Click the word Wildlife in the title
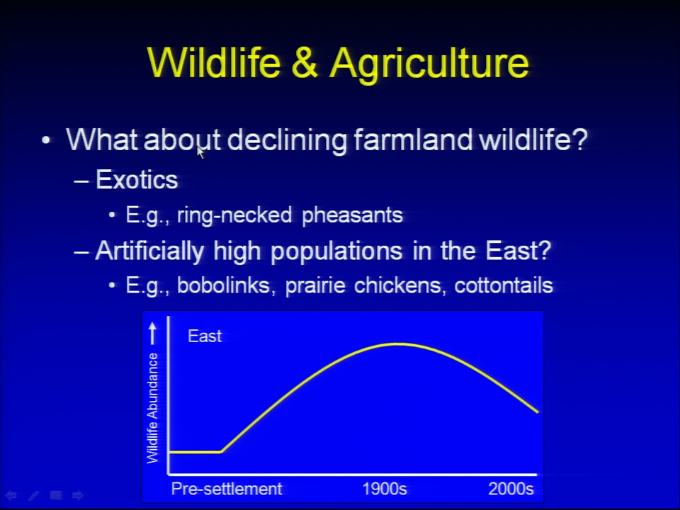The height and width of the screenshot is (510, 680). click(214, 62)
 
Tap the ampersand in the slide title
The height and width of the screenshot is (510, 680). click(305, 62)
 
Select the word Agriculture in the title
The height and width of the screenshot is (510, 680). click(429, 64)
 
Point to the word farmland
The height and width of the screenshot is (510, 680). click(413, 140)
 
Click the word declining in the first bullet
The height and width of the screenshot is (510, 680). click(287, 140)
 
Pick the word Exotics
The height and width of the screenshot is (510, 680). click(137, 179)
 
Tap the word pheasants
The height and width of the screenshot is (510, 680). click(352, 215)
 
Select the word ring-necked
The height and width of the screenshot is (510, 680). click(234, 215)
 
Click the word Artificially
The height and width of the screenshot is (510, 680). click(149, 251)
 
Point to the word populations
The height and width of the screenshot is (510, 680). click(336, 251)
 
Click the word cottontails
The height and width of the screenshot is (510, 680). click(504, 285)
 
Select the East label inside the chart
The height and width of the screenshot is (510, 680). click(205, 336)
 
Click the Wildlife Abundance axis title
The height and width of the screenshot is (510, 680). click(152, 408)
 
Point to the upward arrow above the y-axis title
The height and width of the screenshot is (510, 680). click(152, 333)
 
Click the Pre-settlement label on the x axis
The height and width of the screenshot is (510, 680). click(227, 489)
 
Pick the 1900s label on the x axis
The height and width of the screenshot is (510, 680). click(384, 489)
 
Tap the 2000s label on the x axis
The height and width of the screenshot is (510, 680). click(511, 489)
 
